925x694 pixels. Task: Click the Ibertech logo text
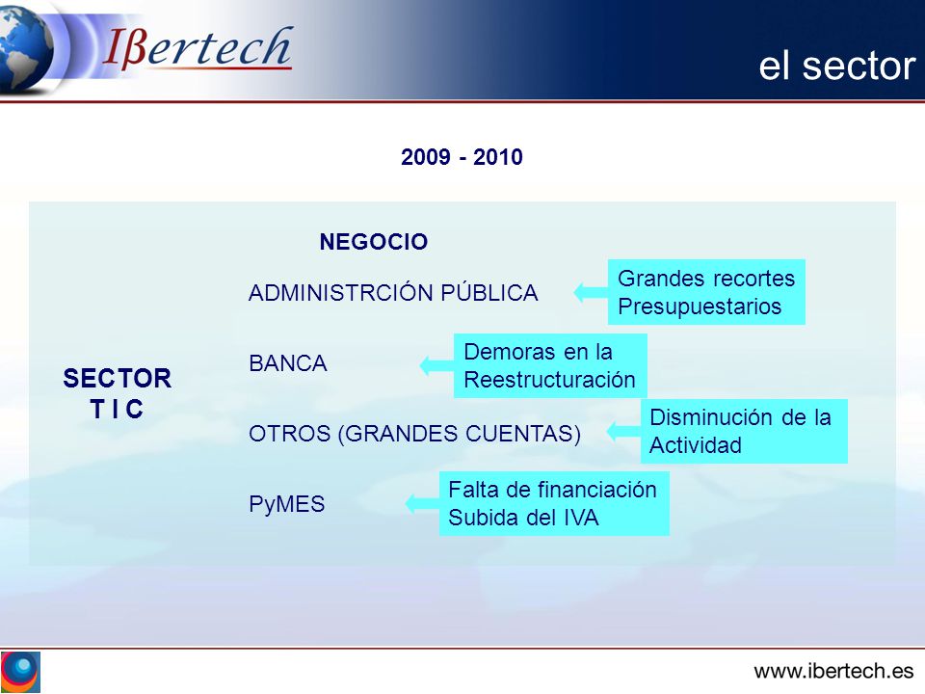[197, 47]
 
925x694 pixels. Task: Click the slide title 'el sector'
[836, 66]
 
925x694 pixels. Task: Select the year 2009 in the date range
[425, 157]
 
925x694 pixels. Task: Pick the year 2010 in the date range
[498, 157]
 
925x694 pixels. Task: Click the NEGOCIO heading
[374, 242]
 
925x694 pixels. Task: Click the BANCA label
[288, 363]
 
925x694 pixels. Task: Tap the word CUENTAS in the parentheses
[519, 434]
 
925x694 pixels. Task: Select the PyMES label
[287, 504]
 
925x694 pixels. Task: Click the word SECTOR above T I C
[118, 378]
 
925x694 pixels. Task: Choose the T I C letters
[117, 409]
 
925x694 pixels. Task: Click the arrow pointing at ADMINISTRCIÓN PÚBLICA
[591, 291]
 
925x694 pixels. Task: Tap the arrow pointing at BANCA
[436, 365]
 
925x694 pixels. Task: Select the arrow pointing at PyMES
[422, 503]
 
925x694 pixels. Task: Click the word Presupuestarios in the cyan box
[700, 307]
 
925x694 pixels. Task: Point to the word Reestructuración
[549, 380]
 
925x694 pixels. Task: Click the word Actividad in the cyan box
[696, 445]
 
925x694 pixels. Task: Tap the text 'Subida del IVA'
[523, 519]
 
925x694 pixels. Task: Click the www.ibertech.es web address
[833, 671]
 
